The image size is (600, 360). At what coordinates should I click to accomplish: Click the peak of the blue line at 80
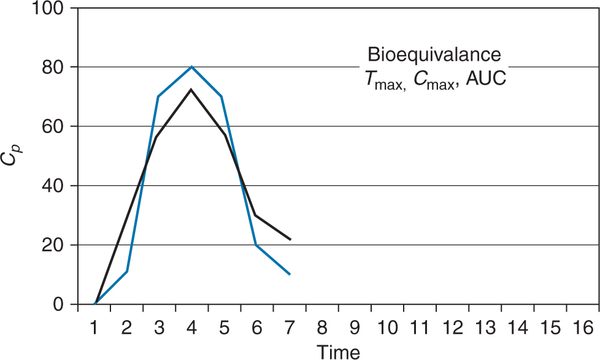click(x=191, y=67)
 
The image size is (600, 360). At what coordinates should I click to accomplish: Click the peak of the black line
click(x=191, y=90)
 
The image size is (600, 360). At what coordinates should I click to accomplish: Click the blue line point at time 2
click(x=127, y=271)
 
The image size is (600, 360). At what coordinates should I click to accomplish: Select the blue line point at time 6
click(x=256, y=245)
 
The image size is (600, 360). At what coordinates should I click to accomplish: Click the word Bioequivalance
click(x=434, y=55)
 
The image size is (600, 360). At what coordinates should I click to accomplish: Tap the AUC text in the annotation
click(x=485, y=79)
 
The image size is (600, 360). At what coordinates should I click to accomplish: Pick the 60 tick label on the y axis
click(x=55, y=126)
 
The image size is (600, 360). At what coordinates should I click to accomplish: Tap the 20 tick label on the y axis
click(x=55, y=245)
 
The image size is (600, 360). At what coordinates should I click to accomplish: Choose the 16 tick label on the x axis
click(x=582, y=327)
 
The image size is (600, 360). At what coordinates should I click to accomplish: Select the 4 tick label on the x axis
click(x=191, y=327)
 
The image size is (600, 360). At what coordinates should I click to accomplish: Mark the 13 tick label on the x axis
click(x=484, y=327)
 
